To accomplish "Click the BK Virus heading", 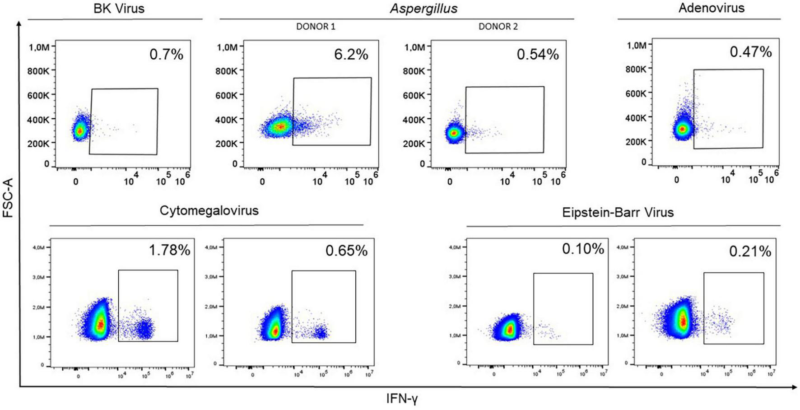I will [x=119, y=9].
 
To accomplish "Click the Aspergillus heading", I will [x=423, y=9].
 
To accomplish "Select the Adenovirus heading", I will [x=711, y=8].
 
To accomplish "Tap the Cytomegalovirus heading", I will [x=209, y=211].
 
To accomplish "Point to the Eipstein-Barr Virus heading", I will [x=618, y=213].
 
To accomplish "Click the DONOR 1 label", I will [x=316, y=27].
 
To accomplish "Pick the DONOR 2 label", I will [x=498, y=27].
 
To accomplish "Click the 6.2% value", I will [x=351, y=55].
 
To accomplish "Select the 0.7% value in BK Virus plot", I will [x=166, y=55].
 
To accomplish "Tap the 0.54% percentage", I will [x=538, y=55].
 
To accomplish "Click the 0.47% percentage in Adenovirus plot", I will [x=750, y=52].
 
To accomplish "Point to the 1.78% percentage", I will [x=169, y=250].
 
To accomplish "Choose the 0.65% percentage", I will [x=346, y=251].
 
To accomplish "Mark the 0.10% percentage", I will [x=583, y=249].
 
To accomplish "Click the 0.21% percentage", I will [x=750, y=252].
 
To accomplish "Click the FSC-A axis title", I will [x=8, y=197].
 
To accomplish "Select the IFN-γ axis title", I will [x=402, y=399].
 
